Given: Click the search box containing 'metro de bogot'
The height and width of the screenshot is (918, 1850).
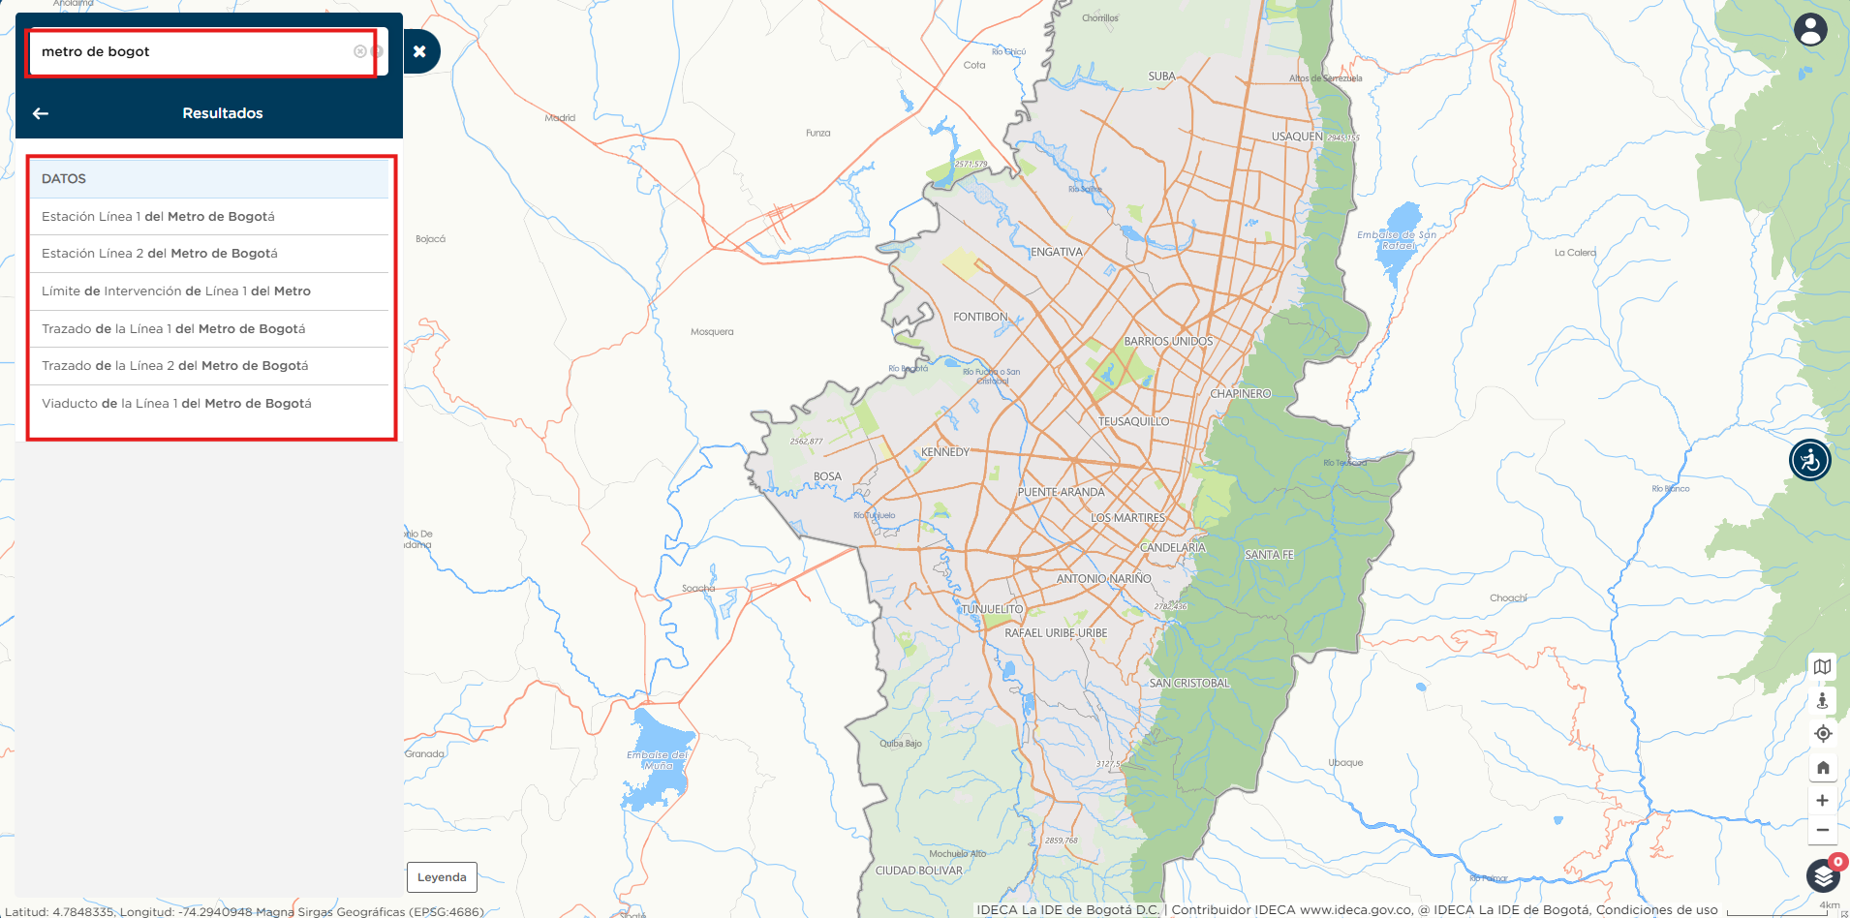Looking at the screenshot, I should click(x=194, y=52).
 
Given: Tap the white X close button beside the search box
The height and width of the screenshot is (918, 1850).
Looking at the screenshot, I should click(x=419, y=52).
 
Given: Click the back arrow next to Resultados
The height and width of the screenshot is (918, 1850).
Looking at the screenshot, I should click(x=41, y=113).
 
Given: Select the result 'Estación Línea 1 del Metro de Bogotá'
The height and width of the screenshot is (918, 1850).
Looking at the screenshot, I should click(x=158, y=217).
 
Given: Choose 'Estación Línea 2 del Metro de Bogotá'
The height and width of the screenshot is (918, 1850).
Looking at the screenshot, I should click(x=160, y=254).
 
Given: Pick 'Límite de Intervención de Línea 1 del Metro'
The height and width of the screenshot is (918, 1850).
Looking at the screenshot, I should click(x=176, y=291).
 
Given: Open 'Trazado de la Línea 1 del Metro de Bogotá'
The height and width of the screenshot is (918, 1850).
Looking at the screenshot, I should click(x=173, y=329).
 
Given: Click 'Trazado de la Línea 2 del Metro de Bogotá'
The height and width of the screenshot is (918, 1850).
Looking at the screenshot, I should click(x=175, y=366).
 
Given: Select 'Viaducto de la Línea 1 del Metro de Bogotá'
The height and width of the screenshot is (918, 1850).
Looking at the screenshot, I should click(x=176, y=404).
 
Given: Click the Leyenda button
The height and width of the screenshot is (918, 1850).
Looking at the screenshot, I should click(x=442, y=877).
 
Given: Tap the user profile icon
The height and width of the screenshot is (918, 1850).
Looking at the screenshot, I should click(x=1809, y=30).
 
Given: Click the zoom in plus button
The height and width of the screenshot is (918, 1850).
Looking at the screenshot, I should click(x=1822, y=801).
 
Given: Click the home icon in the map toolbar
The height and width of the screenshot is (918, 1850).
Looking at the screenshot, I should click(x=1822, y=768).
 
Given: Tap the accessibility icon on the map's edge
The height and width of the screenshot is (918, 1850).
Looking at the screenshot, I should click(x=1809, y=460).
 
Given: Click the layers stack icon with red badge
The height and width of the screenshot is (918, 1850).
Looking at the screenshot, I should click(x=1823, y=876).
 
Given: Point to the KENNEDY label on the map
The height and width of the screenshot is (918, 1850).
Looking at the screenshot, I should click(x=944, y=452).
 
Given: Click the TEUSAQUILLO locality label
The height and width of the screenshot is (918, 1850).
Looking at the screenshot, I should click(x=1133, y=422).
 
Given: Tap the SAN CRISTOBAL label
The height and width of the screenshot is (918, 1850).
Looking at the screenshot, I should click(x=1188, y=684).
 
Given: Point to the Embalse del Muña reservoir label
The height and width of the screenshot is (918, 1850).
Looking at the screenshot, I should click(x=658, y=760).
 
